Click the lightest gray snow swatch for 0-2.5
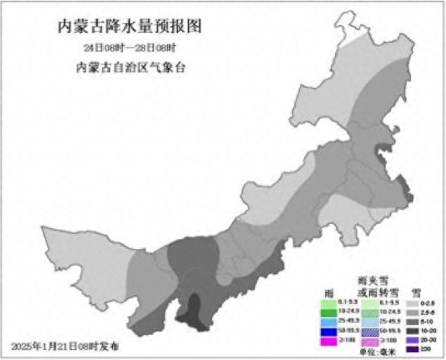click(414, 302)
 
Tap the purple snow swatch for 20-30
click(414, 340)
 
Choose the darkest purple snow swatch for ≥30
click(414, 349)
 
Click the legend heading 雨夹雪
click(373, 280)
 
